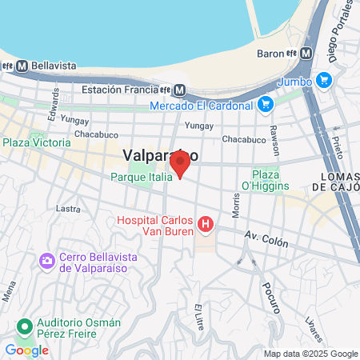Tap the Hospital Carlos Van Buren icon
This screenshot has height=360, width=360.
[x=206, y=225]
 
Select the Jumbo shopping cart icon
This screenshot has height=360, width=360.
[x=323, y=80]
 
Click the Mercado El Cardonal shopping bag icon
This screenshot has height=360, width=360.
[x=266, y=104]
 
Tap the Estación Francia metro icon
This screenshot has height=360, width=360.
[x=180, y=90]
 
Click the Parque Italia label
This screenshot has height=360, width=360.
[x=141, y=177]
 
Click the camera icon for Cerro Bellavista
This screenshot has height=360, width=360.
[x=47, y=261]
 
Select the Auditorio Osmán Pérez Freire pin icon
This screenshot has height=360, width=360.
[x=25, y=327]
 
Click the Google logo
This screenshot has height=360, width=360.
[x=26, y=350]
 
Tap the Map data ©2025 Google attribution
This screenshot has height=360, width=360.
[x=311, y=354]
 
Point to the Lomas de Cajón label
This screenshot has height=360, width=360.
[x=335, y=182]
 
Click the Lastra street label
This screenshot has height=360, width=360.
[x=69, y=209]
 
